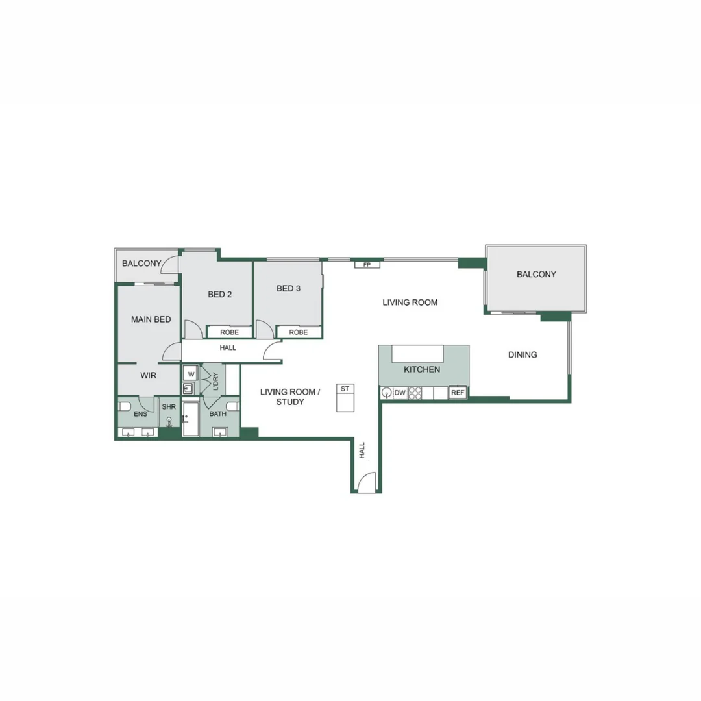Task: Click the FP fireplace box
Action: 367,265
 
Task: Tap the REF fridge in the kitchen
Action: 458,393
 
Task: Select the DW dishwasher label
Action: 400,393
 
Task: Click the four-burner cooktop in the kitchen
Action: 415,393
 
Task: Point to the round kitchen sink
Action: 387,393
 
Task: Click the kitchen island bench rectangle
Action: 417,354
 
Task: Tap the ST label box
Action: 345,389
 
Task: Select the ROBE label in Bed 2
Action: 229,332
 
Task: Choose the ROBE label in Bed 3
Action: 299,332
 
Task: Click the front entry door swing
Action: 366,482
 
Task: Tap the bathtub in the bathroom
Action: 191,419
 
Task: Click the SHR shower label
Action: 169,407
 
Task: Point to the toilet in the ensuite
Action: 125,407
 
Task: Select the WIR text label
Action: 149,375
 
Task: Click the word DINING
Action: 523,355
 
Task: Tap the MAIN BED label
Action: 151,319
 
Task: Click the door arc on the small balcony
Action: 170,265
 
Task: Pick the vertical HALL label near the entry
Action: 362,450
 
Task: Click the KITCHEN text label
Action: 422,369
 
